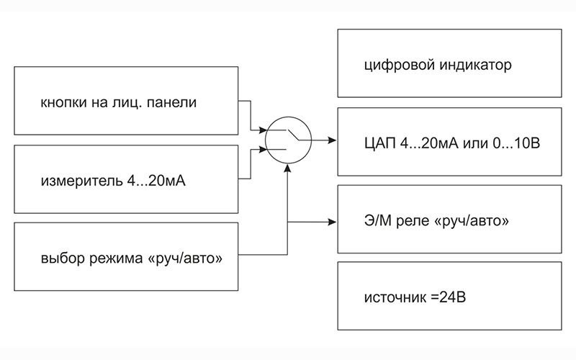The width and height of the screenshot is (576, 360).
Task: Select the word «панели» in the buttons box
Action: click(x=172, y=102)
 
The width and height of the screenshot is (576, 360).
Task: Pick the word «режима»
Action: click(x=112, y=257)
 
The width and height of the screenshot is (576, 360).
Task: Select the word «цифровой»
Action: click(x=394, y=66)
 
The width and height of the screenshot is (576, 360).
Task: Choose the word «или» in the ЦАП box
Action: click(x=466, y=143)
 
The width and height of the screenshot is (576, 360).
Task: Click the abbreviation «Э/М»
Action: click(x=379, y=220)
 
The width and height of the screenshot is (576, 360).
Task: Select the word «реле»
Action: click(x=414, y=220)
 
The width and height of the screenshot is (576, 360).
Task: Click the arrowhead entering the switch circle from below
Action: click(x=287, y=167)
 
